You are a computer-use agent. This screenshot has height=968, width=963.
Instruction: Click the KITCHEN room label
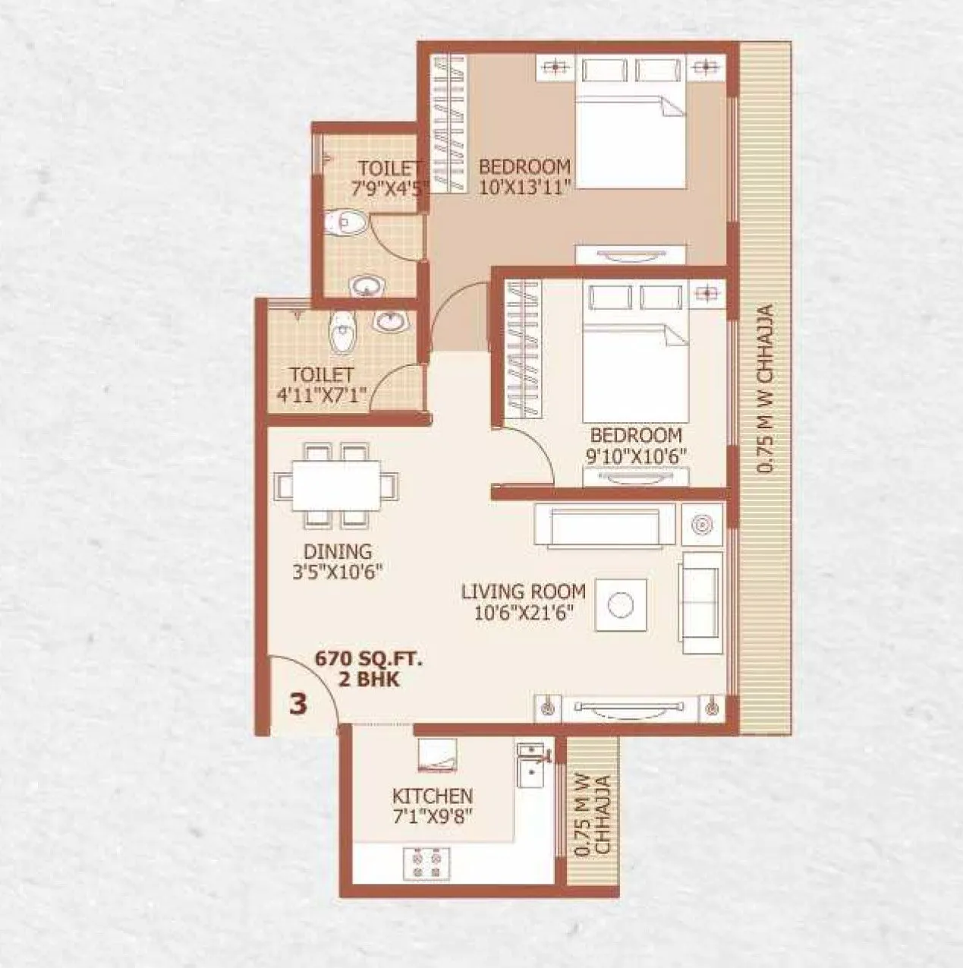[x=432, y=796]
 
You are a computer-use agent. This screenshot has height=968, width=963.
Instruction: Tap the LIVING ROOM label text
[x=524, y=591]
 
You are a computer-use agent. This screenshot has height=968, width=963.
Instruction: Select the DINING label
[x=338, y=551]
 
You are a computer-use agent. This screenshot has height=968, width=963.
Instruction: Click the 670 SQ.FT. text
[x=369, y=660]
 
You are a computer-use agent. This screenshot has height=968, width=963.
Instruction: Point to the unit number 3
[x=299, y=704]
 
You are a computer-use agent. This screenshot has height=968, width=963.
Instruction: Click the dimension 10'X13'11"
[x=524, y=187]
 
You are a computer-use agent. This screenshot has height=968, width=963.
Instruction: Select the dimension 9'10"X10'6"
[x=636, y=458]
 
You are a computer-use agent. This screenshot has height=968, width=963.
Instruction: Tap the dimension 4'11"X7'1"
[x=323, y=395]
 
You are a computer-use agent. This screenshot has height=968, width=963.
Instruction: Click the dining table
[x=337, y=485]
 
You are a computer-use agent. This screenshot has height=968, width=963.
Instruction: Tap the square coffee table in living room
[x=622, y=605]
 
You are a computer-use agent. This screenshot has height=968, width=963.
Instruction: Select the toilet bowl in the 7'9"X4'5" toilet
[x=346, y=223]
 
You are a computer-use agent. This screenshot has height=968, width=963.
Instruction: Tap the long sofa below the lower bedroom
[x=604, y=525]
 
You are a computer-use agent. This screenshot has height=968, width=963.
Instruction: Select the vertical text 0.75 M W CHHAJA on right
[x=766, y=389]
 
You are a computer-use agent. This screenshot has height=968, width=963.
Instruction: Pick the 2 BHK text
[x=369, y=679]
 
